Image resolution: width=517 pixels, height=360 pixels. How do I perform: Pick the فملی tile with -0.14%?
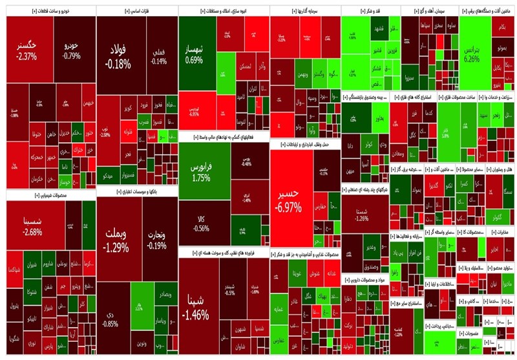(159, 57)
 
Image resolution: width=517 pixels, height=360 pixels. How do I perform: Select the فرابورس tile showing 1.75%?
(201, 171)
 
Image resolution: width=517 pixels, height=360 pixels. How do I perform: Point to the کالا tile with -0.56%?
(201, 223)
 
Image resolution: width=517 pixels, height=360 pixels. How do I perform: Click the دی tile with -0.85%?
(110, 319)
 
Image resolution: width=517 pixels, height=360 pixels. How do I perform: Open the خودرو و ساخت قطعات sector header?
(49, 12)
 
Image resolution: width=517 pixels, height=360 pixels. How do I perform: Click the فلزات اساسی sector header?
(136, 12)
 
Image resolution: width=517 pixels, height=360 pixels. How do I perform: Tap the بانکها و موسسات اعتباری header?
(136, 193)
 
